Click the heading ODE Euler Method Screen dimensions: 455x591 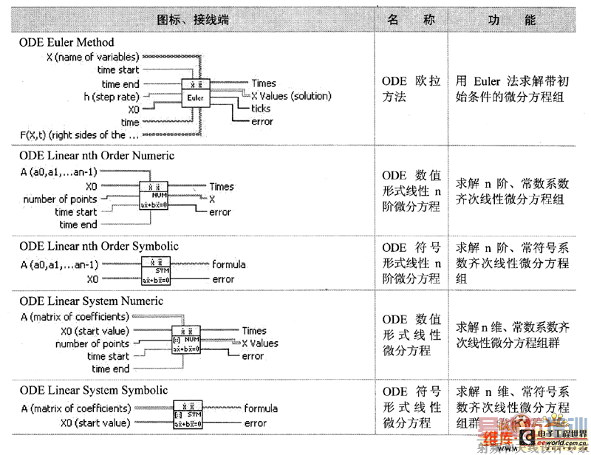point(66,43)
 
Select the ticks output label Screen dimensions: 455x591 point(261,109)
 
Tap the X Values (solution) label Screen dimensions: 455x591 point(291,96)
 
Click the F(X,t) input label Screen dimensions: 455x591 point(78,135)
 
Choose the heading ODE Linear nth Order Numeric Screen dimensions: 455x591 point(97,156)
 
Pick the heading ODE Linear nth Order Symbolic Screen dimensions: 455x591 point(99,246)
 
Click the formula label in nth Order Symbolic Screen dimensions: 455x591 point(229,264)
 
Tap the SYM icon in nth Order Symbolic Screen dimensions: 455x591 point(156,271)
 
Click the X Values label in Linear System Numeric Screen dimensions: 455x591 point(260,343)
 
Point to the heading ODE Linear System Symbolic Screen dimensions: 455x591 point(94,390)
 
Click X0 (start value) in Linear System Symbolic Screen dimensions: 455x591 point(95,423)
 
